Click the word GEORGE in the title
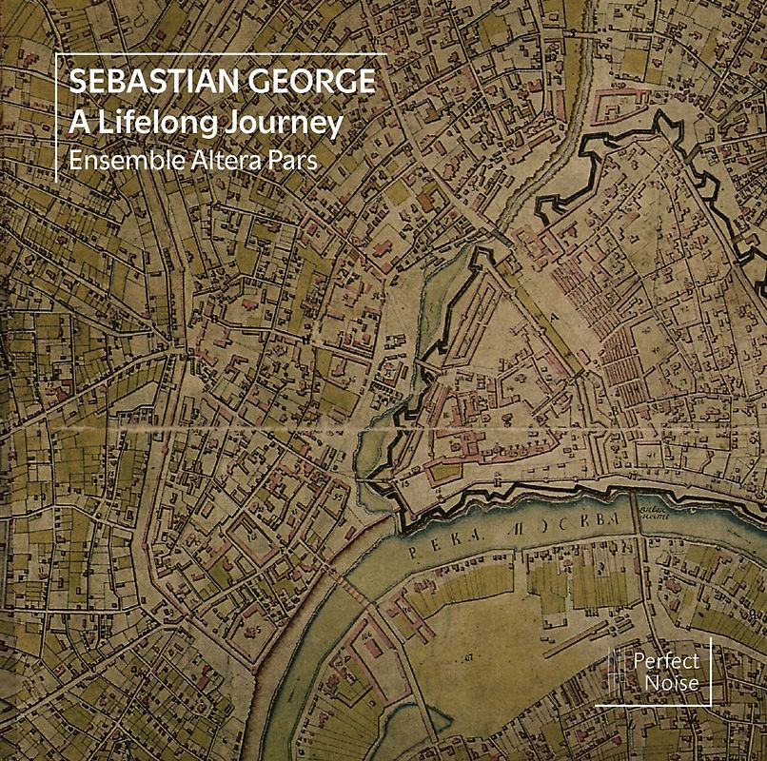pyautogui.click(x=306, y=82)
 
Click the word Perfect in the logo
pyautogui.click(x=665, y=661)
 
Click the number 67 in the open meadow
pyautogui.click(x=463, y=656)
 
